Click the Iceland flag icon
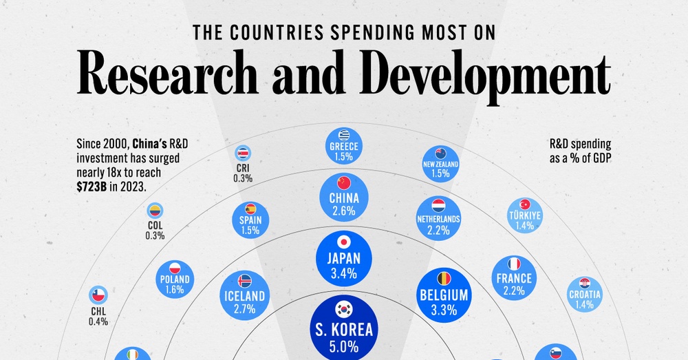coord(245,281)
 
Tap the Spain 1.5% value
coord(250,231)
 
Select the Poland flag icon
coord(174,268)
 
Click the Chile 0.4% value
coord(98,321)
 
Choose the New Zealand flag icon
coord(441,153)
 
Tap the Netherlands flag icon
coord(438,205)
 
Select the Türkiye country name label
coord(525,215)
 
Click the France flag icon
coord(513,264)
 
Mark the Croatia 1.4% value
coord(585,306)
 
